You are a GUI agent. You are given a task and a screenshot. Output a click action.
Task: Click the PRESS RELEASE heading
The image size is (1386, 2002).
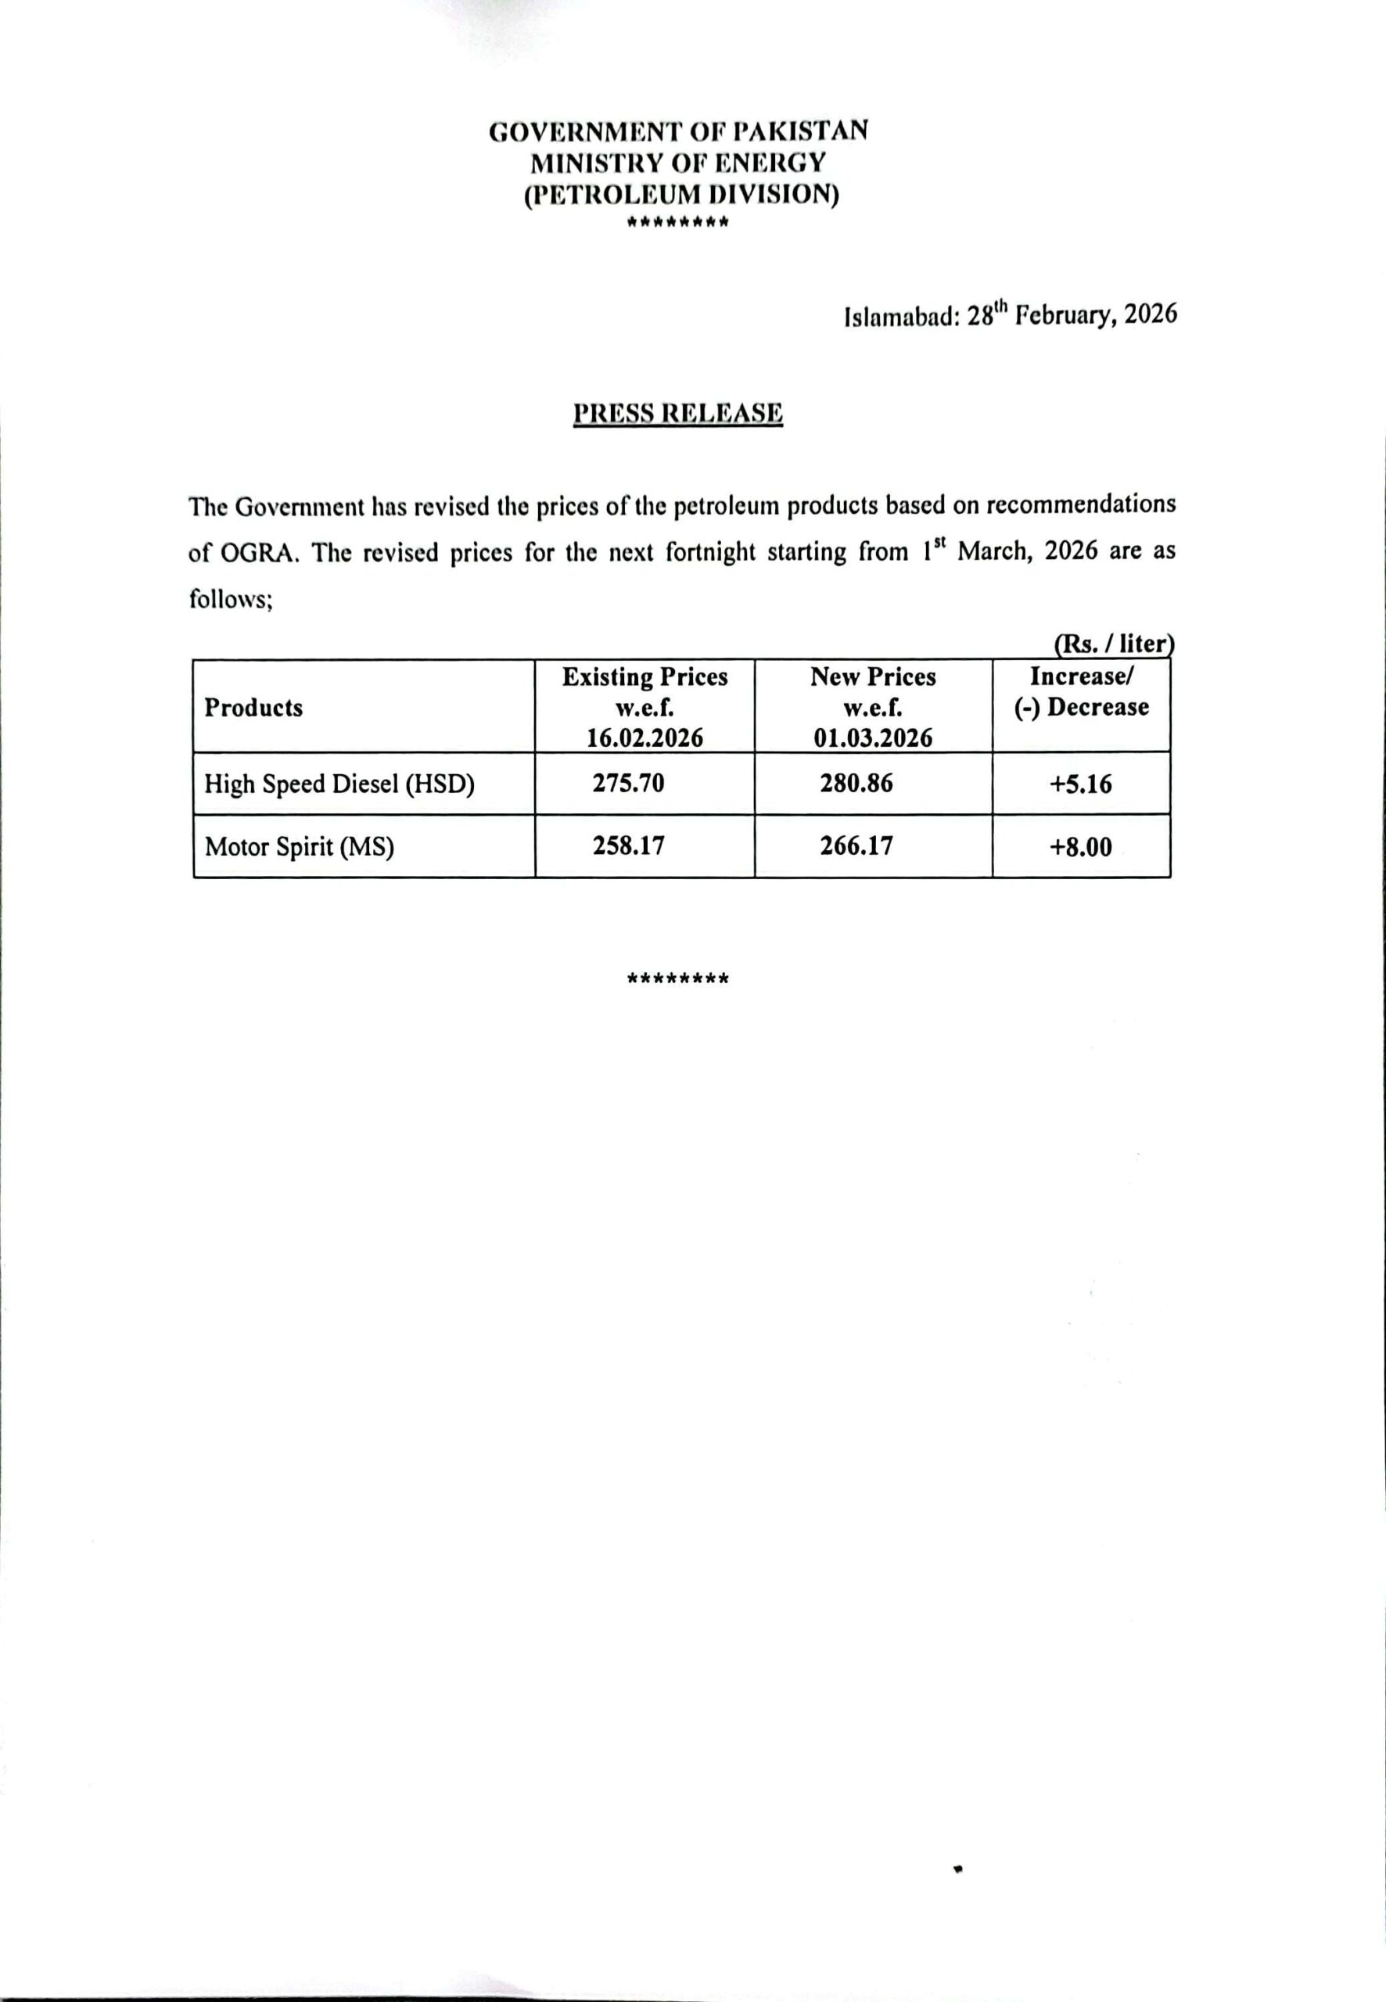click(x=677, y=413)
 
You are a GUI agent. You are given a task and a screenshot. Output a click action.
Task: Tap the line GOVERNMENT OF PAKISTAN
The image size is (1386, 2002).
click(x=678, y=131)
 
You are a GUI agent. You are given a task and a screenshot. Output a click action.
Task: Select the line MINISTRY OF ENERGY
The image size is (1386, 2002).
click(x=678, y=163)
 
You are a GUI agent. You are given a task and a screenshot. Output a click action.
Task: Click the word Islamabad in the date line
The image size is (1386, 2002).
click(x=900, y=316)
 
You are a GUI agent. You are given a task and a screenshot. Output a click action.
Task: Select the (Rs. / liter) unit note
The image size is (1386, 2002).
click(x=1113, y=644)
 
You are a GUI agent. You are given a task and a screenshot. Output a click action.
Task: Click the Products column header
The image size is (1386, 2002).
click(x=253, y=708)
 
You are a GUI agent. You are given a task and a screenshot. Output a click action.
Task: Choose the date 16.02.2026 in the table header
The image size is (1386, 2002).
click(x=645, y=738)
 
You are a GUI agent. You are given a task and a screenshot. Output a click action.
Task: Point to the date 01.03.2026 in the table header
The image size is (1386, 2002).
click(x=873, y=738)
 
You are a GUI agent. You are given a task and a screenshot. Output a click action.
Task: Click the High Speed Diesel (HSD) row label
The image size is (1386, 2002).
click(x=339, y=784)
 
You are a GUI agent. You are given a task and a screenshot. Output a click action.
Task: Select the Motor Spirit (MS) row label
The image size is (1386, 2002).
click(x=299, y=846)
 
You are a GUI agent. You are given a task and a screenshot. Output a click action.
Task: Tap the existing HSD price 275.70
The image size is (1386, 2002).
click(x=629, y=783)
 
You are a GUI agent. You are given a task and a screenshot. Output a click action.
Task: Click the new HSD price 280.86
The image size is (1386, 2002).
click(x=856, y=783)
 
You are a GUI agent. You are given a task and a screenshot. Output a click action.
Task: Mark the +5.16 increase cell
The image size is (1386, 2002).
click(x=1080, y=784)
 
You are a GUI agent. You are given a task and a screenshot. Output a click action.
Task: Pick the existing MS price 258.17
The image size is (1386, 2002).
click(x=629, y=845)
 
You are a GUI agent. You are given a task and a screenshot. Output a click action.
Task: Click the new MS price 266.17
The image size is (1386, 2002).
click(x=856, y=845)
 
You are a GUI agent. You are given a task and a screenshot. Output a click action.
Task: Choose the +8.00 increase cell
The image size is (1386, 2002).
click(x=1080, y=846)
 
